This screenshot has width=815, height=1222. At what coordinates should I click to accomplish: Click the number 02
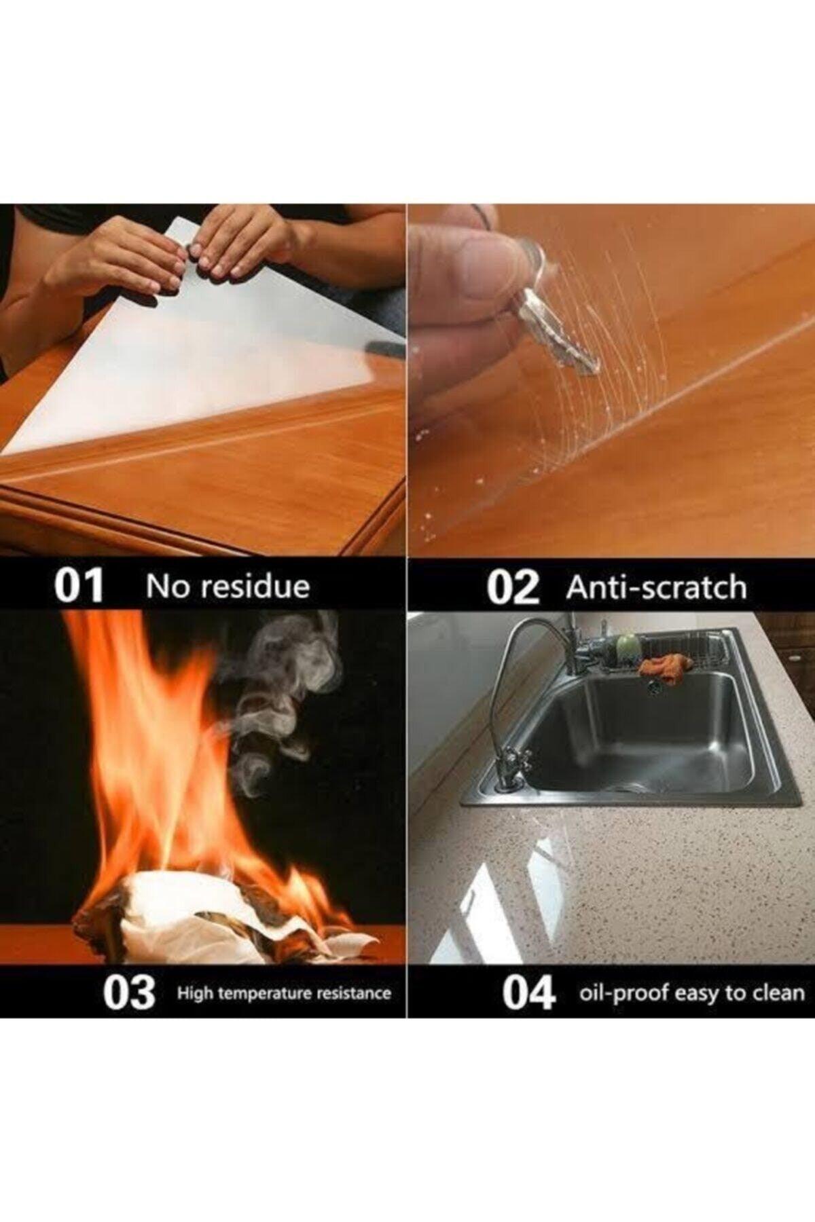[513, 588]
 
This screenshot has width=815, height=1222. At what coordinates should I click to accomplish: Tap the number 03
[129, 993]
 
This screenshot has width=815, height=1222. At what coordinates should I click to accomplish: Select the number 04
[529, 994]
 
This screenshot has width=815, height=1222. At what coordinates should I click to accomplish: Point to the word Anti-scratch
[656, 587]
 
